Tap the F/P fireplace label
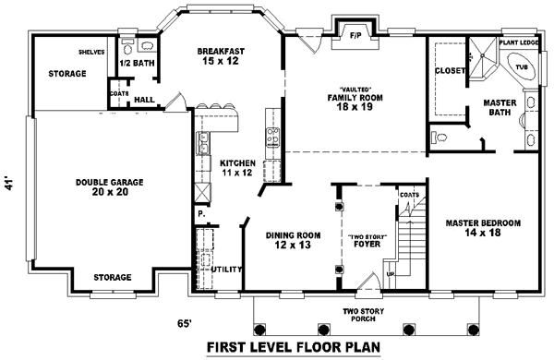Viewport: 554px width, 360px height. click(355, 36)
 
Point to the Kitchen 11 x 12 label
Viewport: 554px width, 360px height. click(236, 166)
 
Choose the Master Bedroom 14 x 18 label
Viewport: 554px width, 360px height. click(483, 229)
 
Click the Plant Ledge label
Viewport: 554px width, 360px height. click(518, 42)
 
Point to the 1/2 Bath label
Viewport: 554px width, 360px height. click(136, 63)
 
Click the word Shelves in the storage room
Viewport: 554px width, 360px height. click(90, 52)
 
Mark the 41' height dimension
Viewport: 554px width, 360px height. click(12, 184)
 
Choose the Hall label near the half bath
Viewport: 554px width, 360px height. click(144, 98)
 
